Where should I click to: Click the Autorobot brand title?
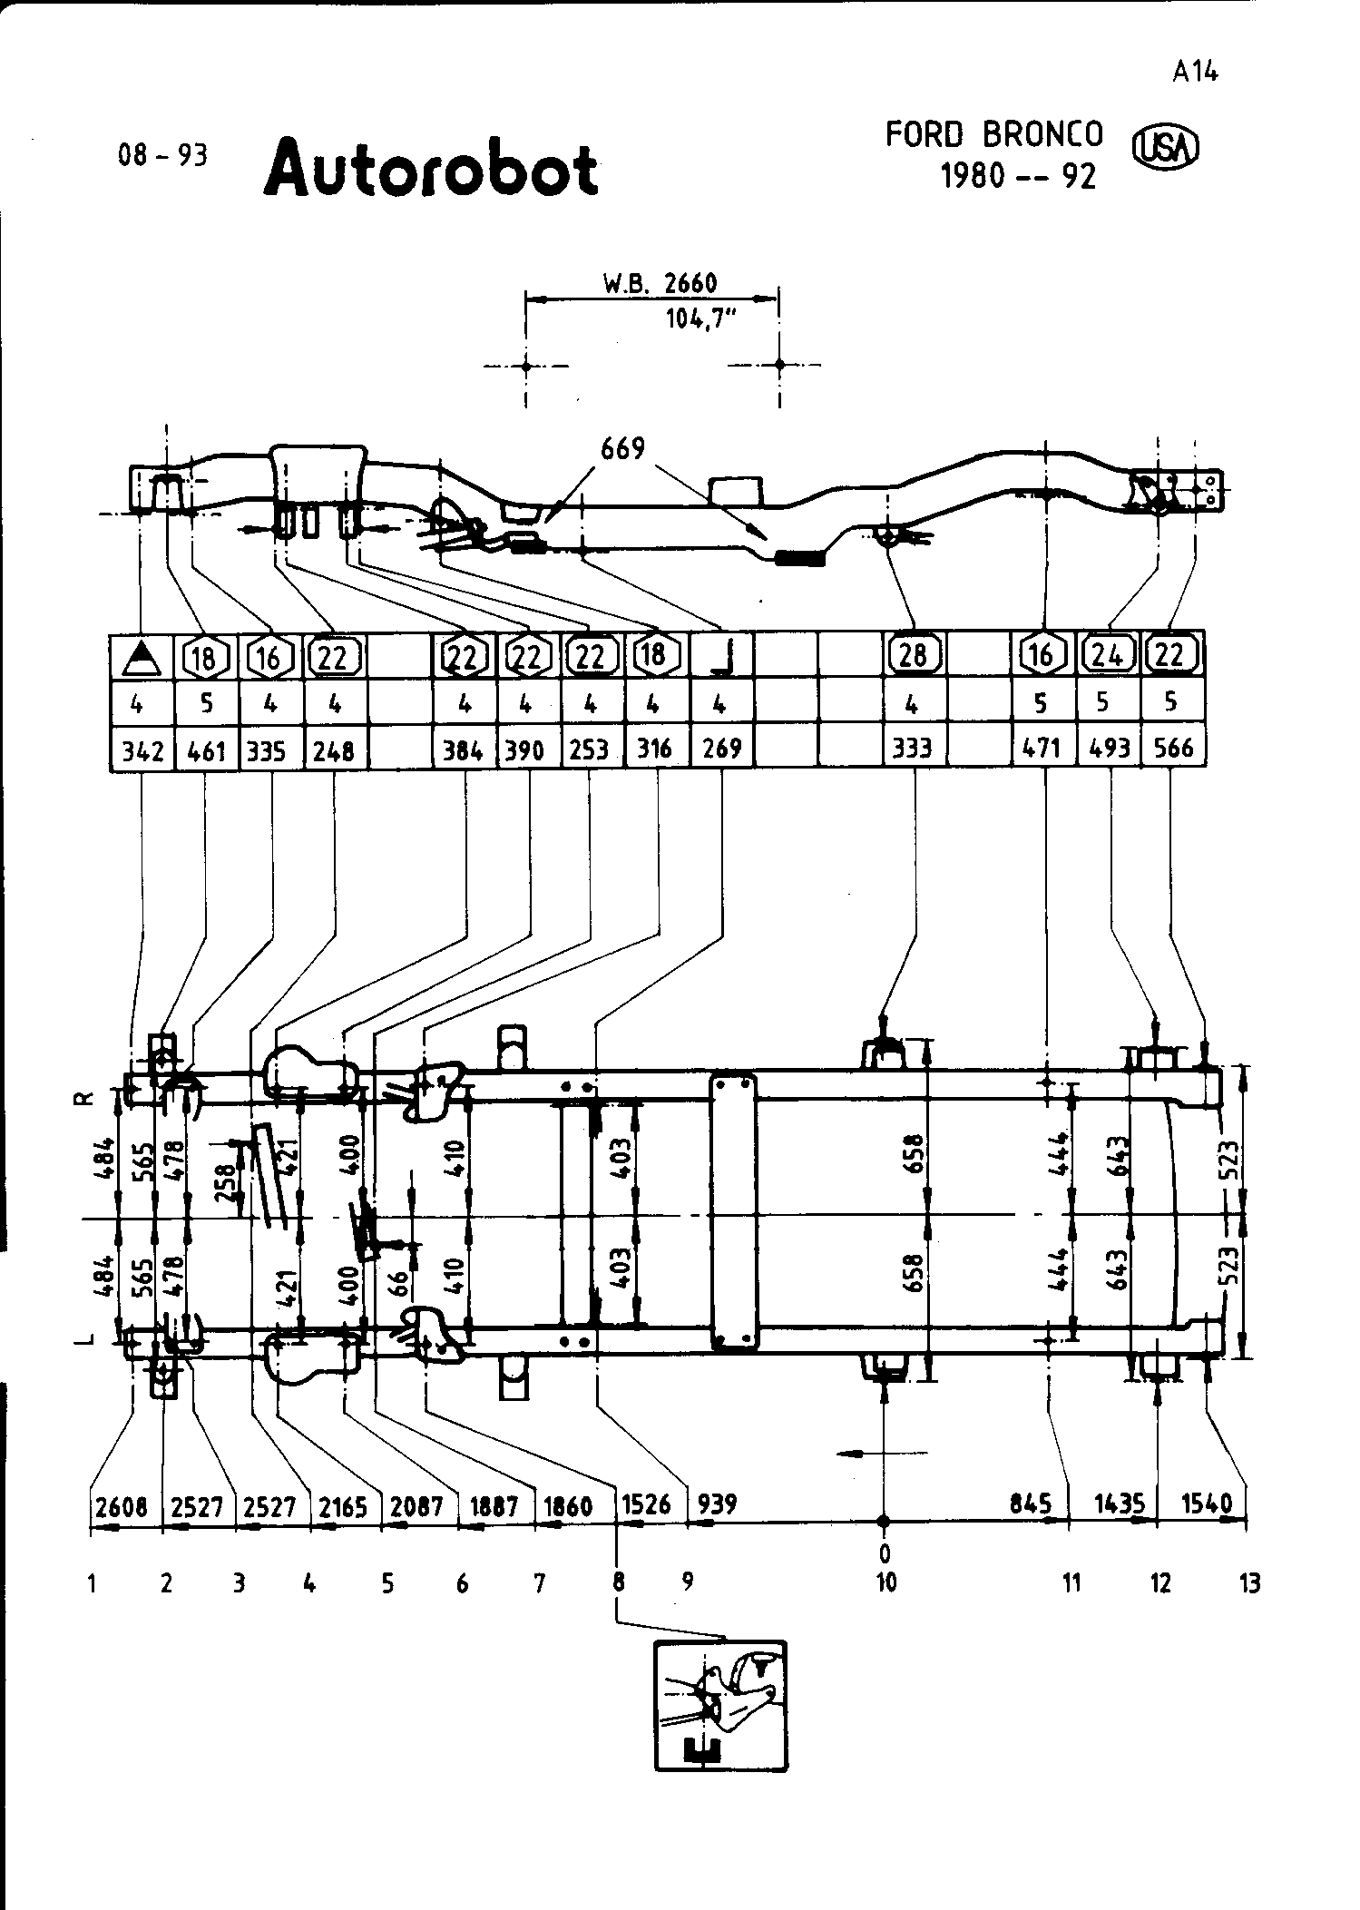tap(431, 170)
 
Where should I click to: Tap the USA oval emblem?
tap(1166, 147)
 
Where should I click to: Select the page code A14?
tap(1194, 72)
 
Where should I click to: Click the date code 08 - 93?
tap(162, 156)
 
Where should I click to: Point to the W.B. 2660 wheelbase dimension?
tap(660, 284)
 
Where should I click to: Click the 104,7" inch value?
tap(698, 320)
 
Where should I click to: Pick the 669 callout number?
tap(622, 449)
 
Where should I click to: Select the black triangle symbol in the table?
tap(141, 657)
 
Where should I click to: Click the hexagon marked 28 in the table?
tap(913, 655)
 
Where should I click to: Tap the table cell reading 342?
tap(142, 750)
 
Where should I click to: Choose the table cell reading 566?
tap(1172, 749)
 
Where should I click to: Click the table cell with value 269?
tap(722, 749)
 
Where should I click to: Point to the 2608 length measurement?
tap(121, 1507)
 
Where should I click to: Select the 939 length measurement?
tap(717, 1504)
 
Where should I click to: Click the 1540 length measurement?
tap(1207, 1504)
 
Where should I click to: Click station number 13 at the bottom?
tap(1249, 1583)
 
